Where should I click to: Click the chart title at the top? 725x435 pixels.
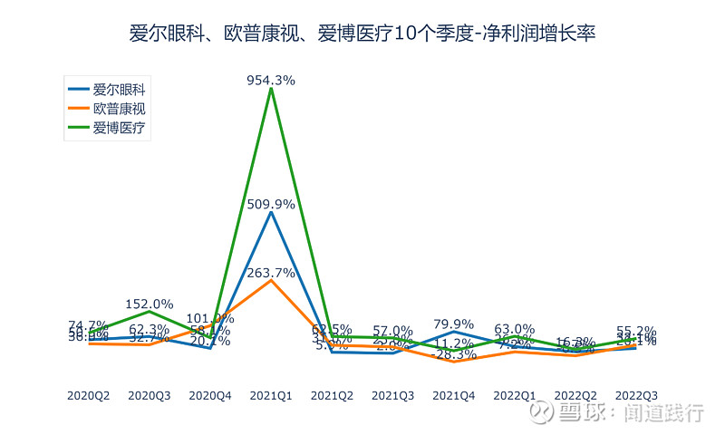pyautogui.click(x=362, y=34)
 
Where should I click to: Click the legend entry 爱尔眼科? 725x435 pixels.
pyautogui.click(x=120, y=90)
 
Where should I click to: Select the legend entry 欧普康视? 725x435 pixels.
pyautogui.click(x=120, y=109)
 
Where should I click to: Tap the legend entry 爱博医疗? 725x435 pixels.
pyautogui.click(x=120, y=128)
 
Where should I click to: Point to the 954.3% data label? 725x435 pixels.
pyautogui.click(x=271, y=80)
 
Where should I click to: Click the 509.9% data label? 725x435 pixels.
pyautogui.click(x=271, y=205)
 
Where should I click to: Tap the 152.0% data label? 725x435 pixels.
pyautogui.click(x=150, y=304)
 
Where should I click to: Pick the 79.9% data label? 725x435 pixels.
pyautogui.click(x=454, y=324)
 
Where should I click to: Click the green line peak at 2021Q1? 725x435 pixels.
pyautogui.click(x=271, y=88)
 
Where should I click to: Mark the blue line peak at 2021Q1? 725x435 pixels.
pyautogui.click(x=271, y=212)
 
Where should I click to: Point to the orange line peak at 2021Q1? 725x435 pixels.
pyautogui.click(x=271, y=280)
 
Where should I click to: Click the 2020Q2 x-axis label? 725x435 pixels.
pyautogui.click(x=89, y=395)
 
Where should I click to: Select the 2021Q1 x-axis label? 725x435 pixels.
pyautogui.click(x=271, y=395)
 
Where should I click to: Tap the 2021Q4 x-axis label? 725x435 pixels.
pyautogui.click(x=454, y=395)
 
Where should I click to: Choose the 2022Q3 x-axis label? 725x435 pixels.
pyautogui.click(x=636, y=395)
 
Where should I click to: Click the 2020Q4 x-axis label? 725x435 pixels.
pyautogui.click(x=210, y=395)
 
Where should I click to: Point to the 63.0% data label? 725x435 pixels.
pyautogui.click(x=515, y=329)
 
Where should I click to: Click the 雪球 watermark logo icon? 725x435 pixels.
pyautogui.click(x=542, y=413)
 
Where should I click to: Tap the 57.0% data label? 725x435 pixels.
pyautogui.click(x=393, y=331)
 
